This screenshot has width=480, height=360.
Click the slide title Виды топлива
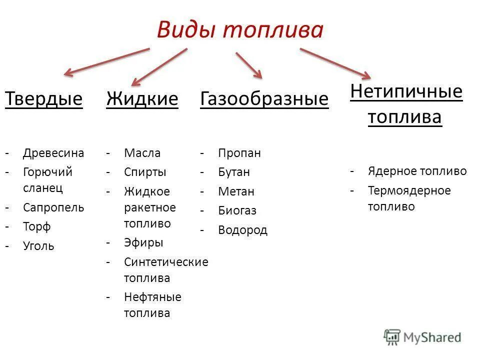240,30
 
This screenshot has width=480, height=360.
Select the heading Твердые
43,99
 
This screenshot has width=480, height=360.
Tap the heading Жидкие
142,99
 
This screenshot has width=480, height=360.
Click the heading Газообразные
264,99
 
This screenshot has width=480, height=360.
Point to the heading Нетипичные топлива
405,104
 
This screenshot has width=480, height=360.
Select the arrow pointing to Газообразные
248,64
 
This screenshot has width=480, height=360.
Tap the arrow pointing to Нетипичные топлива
335,63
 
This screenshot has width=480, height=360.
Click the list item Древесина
53,153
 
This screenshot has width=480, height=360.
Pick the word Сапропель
53,207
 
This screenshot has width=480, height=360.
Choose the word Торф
37,227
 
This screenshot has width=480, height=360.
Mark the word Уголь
38,246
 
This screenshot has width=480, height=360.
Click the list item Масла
142,153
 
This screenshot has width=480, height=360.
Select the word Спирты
145,172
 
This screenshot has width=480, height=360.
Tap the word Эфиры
143,243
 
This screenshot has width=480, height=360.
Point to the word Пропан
239,153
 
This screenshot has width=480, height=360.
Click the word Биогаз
237,211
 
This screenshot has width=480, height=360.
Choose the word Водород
242,230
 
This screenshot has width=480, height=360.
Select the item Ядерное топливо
417,171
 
